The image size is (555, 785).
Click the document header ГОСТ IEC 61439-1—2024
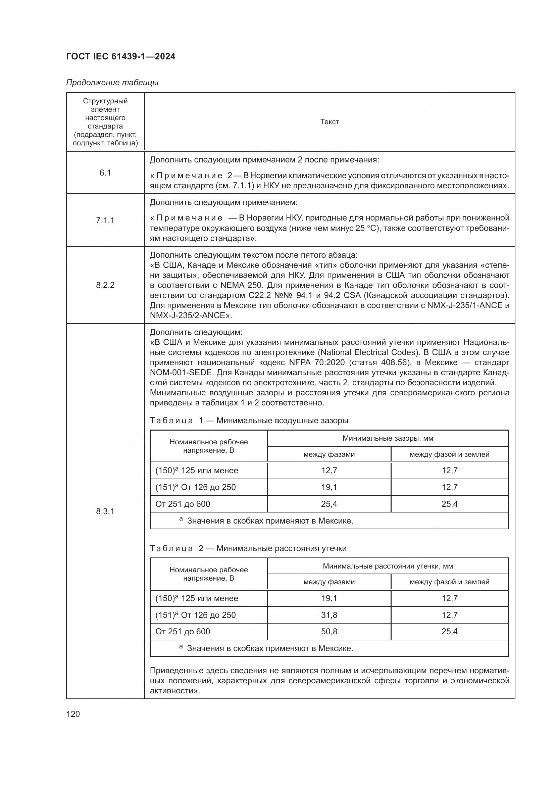coord(121,56)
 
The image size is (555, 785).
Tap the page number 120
coord(73,714)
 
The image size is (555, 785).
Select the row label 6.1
coord(105,173)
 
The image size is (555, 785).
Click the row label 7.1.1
coord(105,220)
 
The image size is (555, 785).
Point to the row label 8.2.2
coord(105,285)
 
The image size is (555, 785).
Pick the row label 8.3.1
coord(105,511)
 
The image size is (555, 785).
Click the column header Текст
coord(330,122)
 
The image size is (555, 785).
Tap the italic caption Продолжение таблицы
coord(112,83)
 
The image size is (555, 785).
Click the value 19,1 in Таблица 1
coord(329,487)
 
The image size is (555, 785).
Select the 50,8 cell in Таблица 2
coord(329,632)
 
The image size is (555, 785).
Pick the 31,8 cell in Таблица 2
coord(329,615)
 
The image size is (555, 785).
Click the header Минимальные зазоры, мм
coord(388,438)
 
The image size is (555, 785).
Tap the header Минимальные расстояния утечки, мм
coord(388,566)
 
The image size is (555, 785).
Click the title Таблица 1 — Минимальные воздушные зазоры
coord(249,421)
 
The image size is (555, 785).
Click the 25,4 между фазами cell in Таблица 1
coord(329,504)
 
